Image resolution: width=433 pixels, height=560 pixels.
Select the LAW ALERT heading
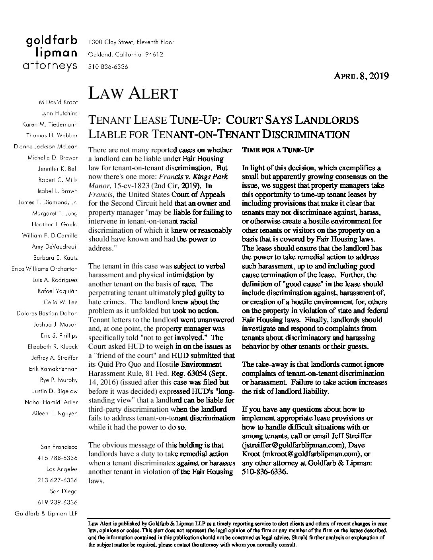tap(133, 93)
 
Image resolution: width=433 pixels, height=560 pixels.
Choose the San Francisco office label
tap(59, 447)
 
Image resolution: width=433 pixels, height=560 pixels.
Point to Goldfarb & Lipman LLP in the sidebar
tap(46, 513)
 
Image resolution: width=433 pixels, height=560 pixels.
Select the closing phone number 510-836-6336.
tap(264, 472)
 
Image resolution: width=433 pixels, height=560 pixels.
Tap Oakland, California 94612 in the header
tap(125, 54)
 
